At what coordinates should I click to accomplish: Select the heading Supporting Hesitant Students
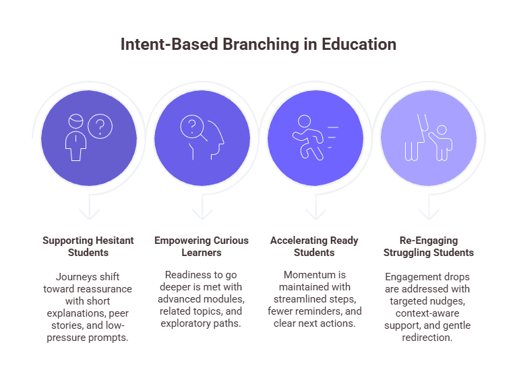(x=88, y=247)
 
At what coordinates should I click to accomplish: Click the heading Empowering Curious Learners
(x=202, y=247)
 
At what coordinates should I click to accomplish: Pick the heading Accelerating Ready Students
(x=315, y=247)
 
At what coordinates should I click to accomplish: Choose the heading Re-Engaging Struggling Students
(x=428, y=247)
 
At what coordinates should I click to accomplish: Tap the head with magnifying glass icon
(x=202, y=137)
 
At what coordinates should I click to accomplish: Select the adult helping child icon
(x=427, y=137)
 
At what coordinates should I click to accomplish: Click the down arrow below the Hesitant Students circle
(x=88, y=212)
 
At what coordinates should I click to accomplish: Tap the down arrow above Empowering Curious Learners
(x=202, y=212)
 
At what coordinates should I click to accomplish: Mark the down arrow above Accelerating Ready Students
(x=315, y=212)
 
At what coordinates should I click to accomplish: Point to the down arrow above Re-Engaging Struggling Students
(x=428, y=212)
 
